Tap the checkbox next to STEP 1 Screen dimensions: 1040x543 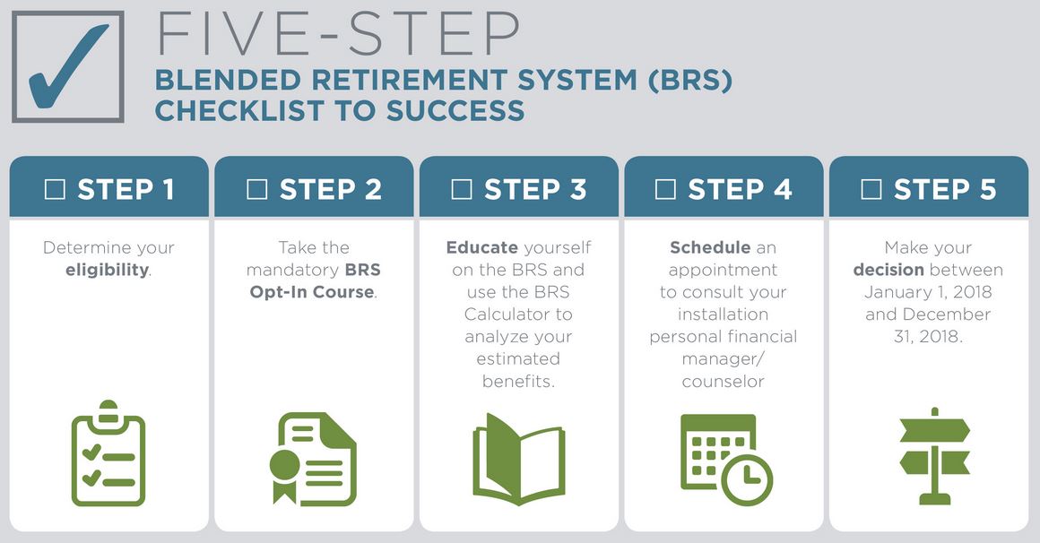pyautogui.click(x=55, y=189)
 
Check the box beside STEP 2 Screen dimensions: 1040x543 pyautogui.click(x=256, y=189)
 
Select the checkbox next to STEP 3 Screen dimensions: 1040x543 pyautogui.click(x=462, y=189)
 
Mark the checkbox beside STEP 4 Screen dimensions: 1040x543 pyautogui.click(x=665, y=189)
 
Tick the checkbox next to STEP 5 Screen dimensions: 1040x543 pyautogui.click(x=871, y=189)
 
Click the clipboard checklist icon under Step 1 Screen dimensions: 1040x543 pyautogui.click(x=108, y=453)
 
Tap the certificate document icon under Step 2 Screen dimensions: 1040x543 pyautogui.click(x=313, y=459)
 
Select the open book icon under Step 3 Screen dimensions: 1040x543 pyautogui.click(x=519, y=459)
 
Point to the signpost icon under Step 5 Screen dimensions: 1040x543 pyautogui.click(x=934, y=456)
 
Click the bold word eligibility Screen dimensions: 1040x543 pyautogui.click(x=107, y=270)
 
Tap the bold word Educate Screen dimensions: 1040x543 pyautogui.click(x=482, y=247)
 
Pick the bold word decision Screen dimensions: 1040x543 pyautogui.click(x=888, y=270)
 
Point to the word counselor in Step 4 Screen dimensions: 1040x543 pyautogui.click(x=723, y=381)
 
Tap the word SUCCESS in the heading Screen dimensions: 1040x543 pyautogui.click(x=455, y=110)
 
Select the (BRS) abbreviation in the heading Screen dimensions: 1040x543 pyautogui.click(x=689, y=81)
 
